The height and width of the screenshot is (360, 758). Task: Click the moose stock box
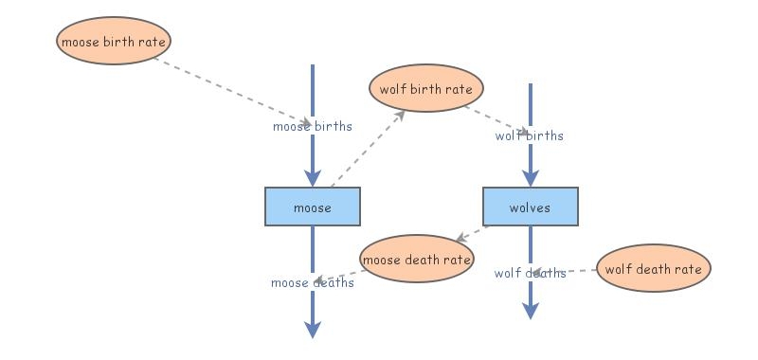pyautogui.click(x=313, y=207)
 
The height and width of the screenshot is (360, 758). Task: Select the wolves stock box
pyautogui.click(x=531, y=207)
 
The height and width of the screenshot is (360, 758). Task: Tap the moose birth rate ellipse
pyautogui.click(x=114, y=41)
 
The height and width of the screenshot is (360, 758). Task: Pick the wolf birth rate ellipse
pyautogui.click(x=425, y=88)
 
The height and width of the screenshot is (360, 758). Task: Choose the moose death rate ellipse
pyautogui.click(x=416, y=259)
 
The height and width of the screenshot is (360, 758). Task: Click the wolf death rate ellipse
pyautogui.click(x=654, y=268)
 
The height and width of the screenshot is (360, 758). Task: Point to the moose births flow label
pyautogui.click(x=313, y=126)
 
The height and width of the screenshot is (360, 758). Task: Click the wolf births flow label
pyautogui.click(x=530, y=135)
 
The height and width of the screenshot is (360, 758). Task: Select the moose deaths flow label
pyautogui.click(x=313, y=282)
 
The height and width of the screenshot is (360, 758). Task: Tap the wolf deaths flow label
pyautogui.click(x=530, y=273)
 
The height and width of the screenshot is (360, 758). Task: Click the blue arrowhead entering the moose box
pyautogui.click(x=313, y=178)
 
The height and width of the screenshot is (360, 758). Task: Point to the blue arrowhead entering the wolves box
pyautogui.click(x=531, y=178)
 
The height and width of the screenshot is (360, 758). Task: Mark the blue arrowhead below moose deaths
pyautogui.click(x=313, y=330)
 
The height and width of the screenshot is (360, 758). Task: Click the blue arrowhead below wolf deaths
pyautogui.click(x=531, y=311)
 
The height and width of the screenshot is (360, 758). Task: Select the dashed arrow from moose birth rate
pyautogui.click(x=232, y=91)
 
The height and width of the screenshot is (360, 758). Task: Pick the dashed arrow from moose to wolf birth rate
pyautogui.click(x=368, y=149)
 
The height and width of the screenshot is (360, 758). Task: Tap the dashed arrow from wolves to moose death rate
pyautogui.click(x=472, y=233)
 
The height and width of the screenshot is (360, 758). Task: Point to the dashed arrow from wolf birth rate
pyautogui.click(x=497, y=120)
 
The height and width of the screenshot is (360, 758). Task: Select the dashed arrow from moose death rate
pyautogui.click(x=339, y=276)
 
